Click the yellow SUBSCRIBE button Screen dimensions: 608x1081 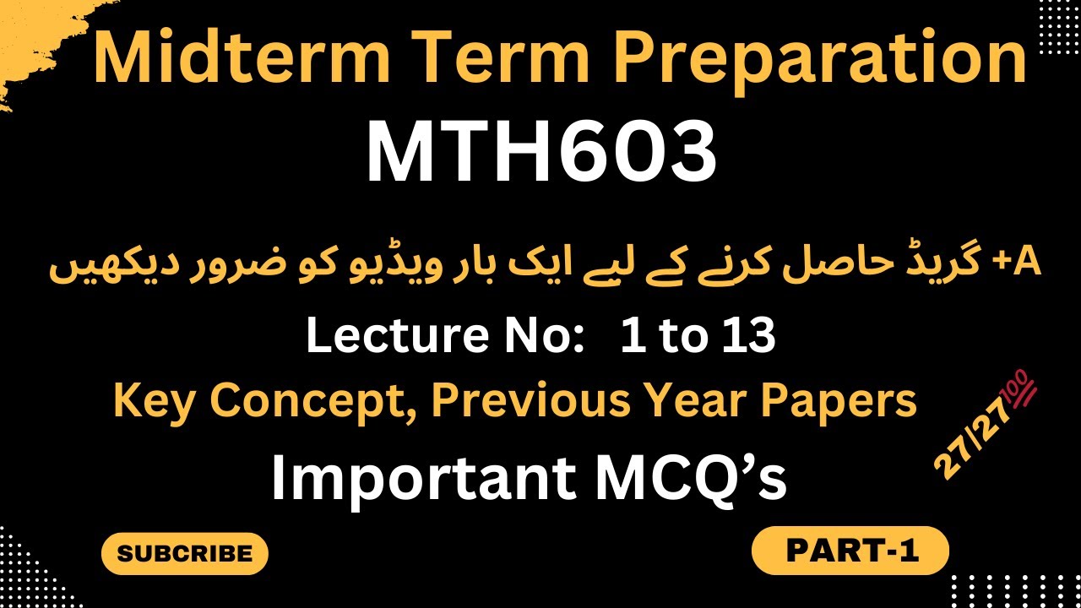click(184, 554)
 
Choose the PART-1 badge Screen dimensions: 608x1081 click(850, 551)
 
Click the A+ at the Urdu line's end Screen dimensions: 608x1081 click(1023, 264)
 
